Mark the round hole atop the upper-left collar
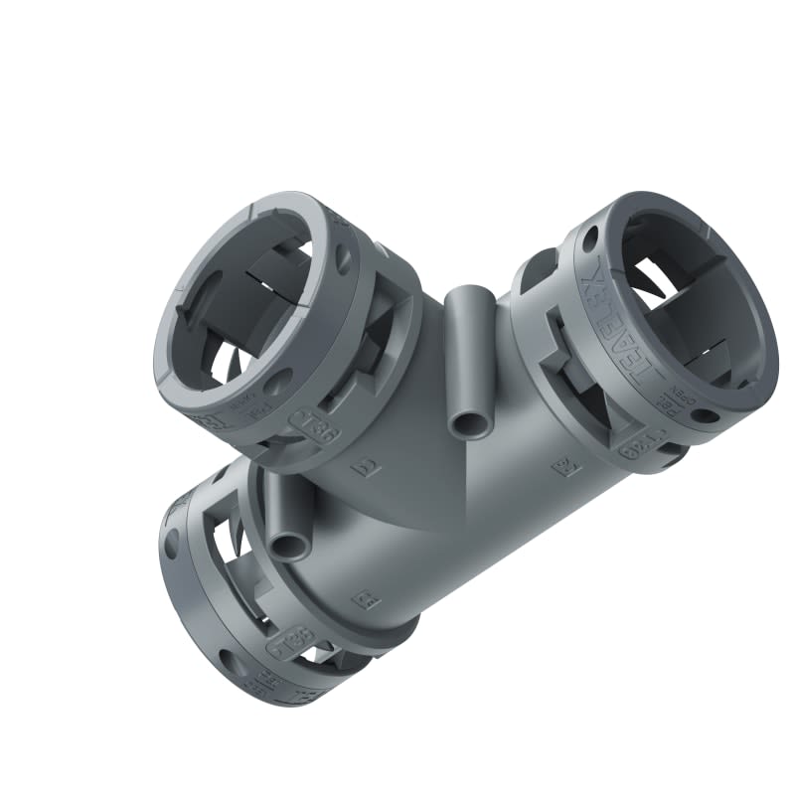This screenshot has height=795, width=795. (344, 258)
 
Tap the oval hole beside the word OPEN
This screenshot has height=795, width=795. (704, 415)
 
